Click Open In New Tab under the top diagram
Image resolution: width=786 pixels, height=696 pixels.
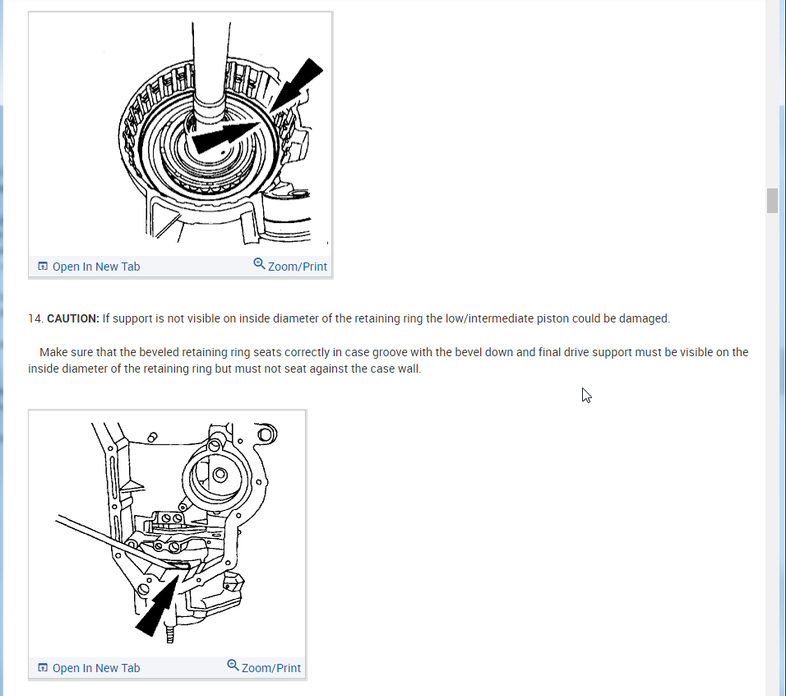tap(95, 267)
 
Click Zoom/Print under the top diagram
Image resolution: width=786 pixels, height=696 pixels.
tap(297, 267)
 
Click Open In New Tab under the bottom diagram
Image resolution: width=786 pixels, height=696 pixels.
tap(95, 668)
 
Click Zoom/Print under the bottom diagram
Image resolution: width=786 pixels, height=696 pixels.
tap(270, 668)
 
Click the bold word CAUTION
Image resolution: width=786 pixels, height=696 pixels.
tap(73, 318)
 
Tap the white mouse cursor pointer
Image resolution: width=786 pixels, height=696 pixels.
tap(586, 395)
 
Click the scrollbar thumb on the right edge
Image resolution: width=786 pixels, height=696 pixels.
tap(772, 200)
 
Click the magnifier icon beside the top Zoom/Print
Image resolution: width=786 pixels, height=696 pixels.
tap(259, 264)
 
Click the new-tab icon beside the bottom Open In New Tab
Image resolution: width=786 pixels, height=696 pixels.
tap(43, 668)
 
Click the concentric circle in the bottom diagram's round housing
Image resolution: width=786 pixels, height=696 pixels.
tap(220, 475)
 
